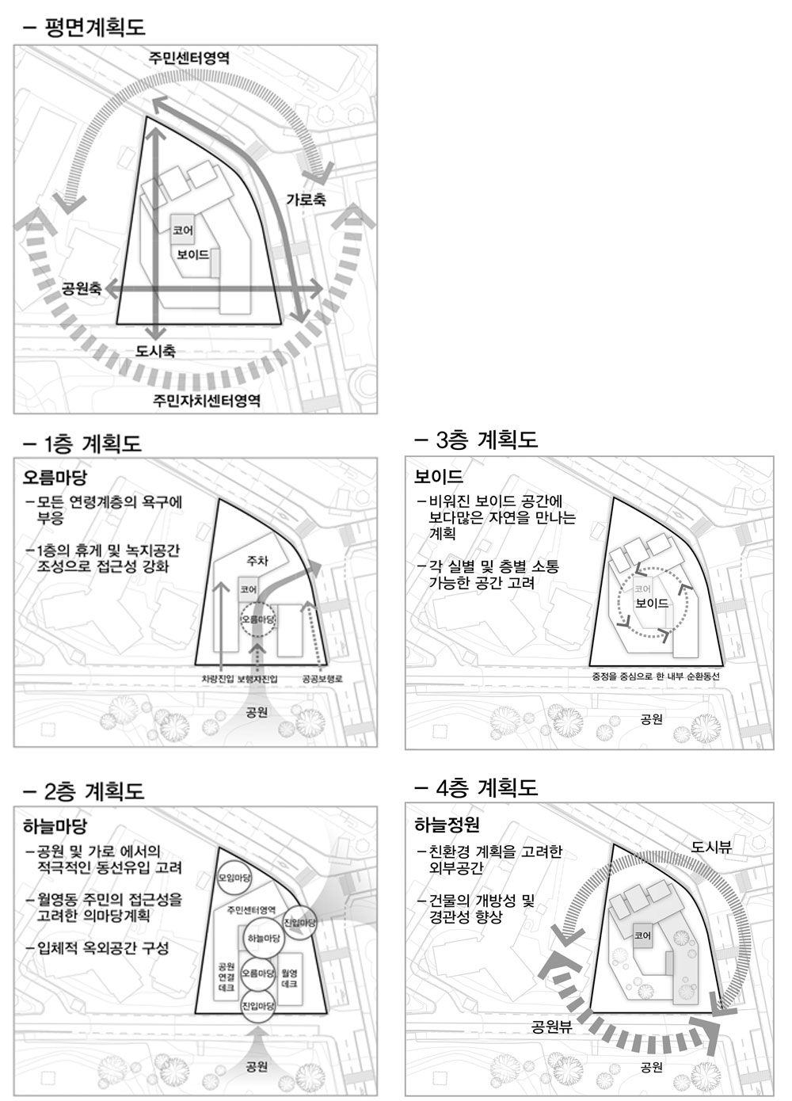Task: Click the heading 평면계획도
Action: pos(95,27)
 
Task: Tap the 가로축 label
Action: pos(306,200)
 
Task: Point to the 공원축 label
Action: pos(82,288)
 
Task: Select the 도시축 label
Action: pos(156,351)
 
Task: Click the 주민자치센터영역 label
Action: pos(207,401)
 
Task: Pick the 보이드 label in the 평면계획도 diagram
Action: pos(192,254)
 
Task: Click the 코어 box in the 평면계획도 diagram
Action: pos(183,230)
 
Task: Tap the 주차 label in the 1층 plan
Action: pos(257,561)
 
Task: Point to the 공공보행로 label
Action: pos(322,679)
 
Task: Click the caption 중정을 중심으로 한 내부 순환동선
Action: pos(656,676)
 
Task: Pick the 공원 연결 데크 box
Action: pos(226,976)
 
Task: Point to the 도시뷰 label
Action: pos(711,847)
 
